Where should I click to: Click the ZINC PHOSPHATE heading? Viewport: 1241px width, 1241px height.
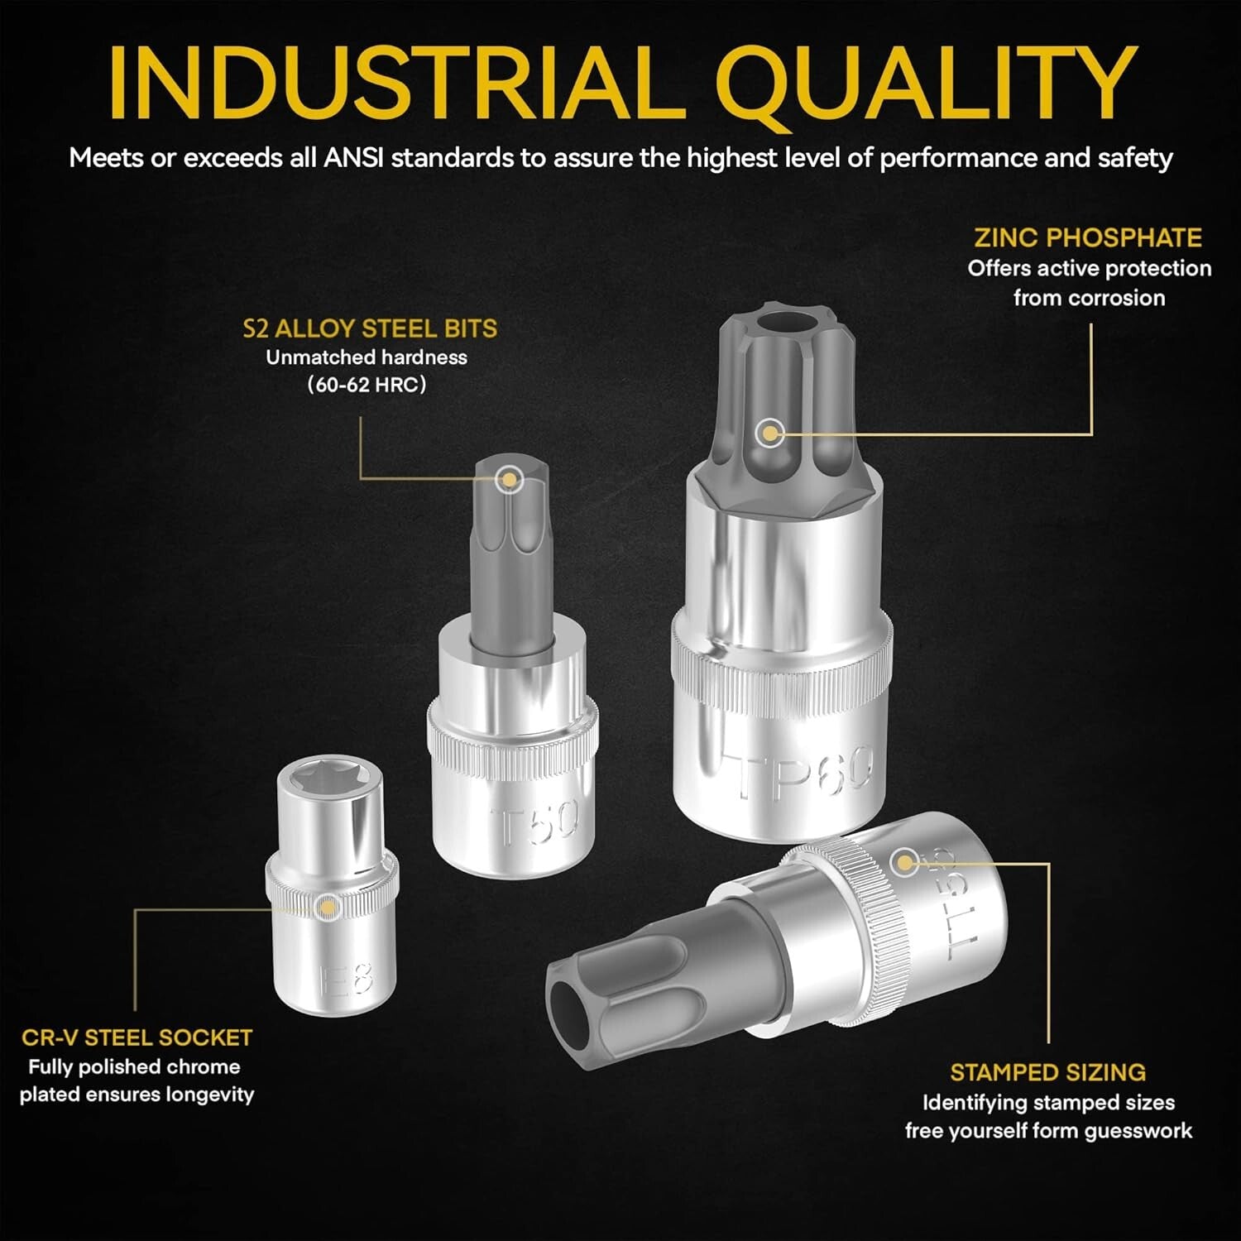point(1088,237)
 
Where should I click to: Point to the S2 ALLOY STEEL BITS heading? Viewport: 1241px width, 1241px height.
point(370,328)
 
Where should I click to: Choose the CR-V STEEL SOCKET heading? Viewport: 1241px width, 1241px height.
point(137,1037)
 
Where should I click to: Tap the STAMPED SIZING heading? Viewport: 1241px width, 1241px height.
point(1048,1072)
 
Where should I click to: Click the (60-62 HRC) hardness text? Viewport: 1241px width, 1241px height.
point(367,385)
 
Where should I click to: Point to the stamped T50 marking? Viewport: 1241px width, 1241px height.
point(534,822)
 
